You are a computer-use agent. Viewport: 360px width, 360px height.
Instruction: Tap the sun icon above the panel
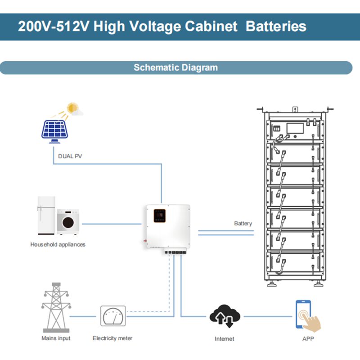tap(72, 108)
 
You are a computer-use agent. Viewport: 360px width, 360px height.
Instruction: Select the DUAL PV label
tap(70, 157)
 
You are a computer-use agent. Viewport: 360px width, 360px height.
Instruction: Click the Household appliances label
tap(58, 245)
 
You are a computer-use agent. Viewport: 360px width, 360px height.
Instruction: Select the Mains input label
tap(56, 338)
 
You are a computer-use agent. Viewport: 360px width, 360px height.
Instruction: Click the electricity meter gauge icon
tap(112, 316)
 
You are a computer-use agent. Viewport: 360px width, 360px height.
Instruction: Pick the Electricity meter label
tap(112, 338)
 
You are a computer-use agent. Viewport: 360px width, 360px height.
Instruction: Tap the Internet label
tap(225, 338)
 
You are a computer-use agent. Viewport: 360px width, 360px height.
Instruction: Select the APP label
tap(308, 338)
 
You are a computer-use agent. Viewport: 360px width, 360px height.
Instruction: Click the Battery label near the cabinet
tap(243, 223)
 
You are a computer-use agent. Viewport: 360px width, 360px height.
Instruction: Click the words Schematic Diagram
tap(175, 68)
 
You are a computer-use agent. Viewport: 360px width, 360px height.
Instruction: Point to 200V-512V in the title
tap(49, 26)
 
